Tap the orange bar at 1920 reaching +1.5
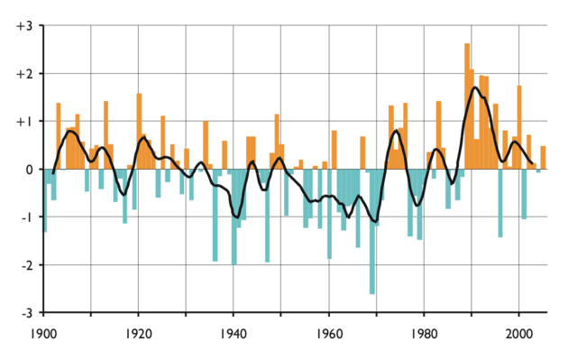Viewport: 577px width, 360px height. (139, 131)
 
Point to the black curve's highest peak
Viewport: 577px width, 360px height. (474, 88)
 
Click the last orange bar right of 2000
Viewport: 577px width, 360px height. (543, 157)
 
